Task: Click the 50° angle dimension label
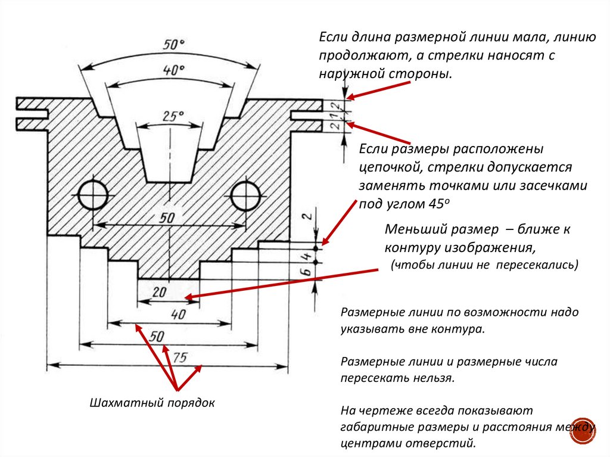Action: [173, 44]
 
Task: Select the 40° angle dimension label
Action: [173, 70]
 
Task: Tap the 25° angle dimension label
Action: [173, 116]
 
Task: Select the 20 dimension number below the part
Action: [160, 291]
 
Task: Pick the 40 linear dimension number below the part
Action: [178, 314]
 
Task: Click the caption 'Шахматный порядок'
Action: [152, 403]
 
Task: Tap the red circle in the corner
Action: [583, 431]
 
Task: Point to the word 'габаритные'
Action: [375, 427]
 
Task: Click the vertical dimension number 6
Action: [307, 271]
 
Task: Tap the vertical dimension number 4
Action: [307, 257]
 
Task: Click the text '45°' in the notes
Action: [439, 204]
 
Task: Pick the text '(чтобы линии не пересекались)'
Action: [485, 265]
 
